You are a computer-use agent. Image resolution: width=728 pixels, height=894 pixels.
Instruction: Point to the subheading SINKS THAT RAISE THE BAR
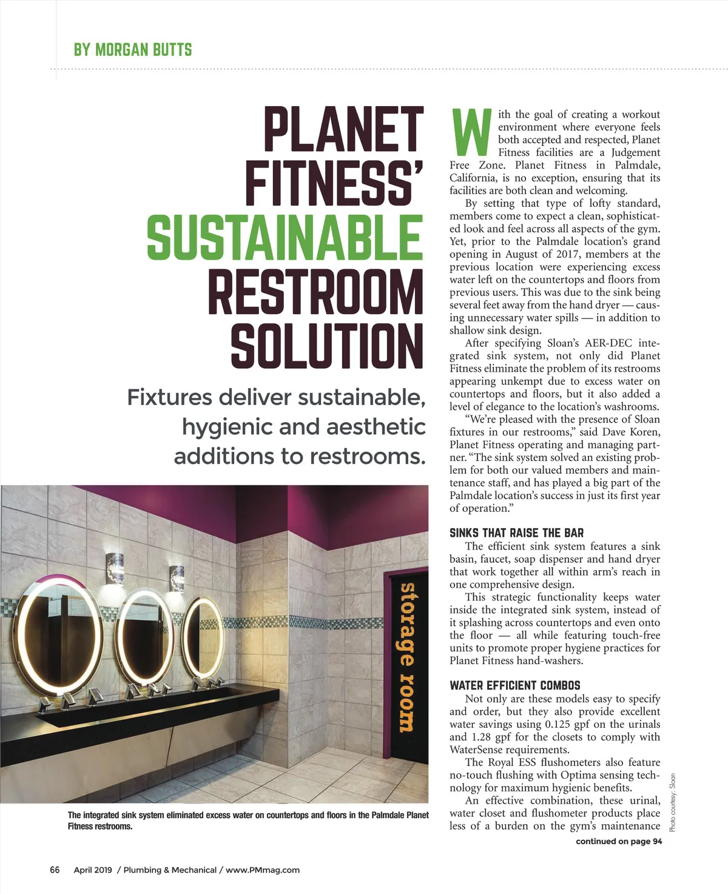coord(516,533)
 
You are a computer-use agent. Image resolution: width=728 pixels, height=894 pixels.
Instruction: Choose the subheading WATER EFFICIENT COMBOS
coord(514,685)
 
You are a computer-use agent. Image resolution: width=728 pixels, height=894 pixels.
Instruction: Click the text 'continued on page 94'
coord(619,841)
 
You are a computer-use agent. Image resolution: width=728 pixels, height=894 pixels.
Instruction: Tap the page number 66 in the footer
coord(55,870)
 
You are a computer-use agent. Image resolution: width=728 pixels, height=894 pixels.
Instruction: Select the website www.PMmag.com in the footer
coord(263,870)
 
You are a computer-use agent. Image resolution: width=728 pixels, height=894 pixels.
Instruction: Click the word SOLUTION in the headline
coord(326,346)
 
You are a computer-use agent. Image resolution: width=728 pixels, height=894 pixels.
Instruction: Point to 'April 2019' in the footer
coord(93,870)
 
